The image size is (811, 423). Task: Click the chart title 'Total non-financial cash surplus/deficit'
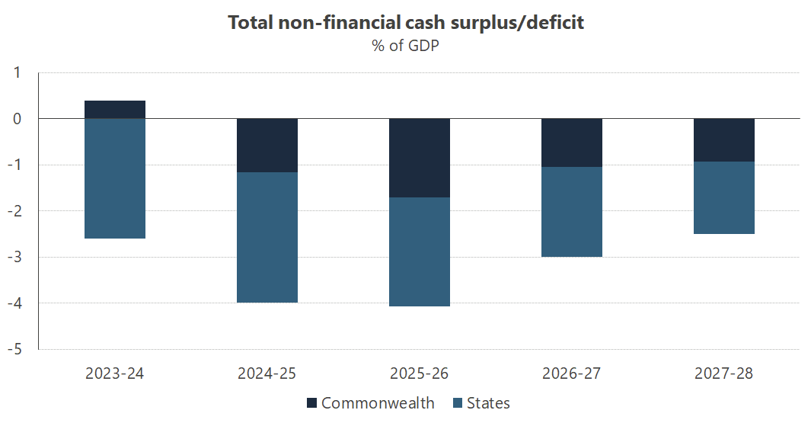tap(406, 23)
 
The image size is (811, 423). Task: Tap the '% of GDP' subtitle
tap(406, 46)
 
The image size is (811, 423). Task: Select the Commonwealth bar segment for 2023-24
tap(115, 110)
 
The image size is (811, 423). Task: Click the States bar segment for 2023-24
tap(115, 178)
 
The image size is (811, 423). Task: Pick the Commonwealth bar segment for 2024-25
tap(267, 146)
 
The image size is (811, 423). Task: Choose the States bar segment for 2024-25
tap(267, 237)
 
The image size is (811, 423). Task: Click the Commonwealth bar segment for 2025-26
tap(420, 158)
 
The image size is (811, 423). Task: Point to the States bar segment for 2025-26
tap(420, 252)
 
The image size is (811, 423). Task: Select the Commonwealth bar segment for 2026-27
tap(572, 143)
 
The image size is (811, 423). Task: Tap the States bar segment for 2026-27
tap(572, 212)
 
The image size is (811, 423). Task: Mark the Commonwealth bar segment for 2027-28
tap(724, 140)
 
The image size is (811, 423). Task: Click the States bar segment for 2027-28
tap(724, 197)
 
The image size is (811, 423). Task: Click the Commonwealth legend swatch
tap(311, 403)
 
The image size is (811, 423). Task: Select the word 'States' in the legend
tap(488, 403)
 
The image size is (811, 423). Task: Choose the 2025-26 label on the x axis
tap(420, 373)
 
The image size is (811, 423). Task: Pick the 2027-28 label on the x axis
tap(724, 373)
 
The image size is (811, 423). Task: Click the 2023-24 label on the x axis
tap(115, 373)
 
